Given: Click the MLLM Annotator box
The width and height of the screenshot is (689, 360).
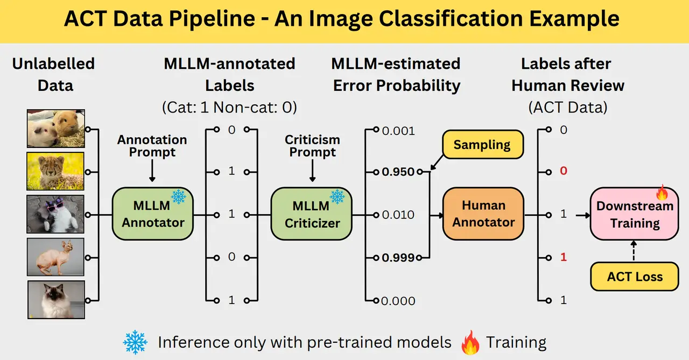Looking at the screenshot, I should [153, 214].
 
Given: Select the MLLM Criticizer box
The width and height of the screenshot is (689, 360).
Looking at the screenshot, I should [311, 214].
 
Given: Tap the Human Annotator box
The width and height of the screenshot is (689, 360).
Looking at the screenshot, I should [483, 214].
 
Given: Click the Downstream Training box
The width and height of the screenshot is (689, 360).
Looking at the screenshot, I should [634, 214].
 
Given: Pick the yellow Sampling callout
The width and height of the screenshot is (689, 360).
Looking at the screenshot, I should [482, 144].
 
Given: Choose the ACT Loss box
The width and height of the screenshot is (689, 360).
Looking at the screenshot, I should [635, 277].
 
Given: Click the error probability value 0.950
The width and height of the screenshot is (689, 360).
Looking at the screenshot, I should [398, 172].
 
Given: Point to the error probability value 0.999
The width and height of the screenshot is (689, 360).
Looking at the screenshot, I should [398, 258].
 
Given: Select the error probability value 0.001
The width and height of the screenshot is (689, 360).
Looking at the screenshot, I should [398, 131].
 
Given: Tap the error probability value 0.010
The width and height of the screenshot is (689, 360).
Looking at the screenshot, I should [398, 215].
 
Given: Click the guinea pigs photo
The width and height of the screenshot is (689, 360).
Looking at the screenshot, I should [56, 128].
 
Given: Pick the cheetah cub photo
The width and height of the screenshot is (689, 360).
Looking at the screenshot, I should [56, 171].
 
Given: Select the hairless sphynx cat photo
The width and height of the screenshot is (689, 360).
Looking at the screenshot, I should [56, 257].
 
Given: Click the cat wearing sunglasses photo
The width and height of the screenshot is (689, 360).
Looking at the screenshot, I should [56, 214].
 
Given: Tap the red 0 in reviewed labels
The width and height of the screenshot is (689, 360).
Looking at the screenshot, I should [564, 171].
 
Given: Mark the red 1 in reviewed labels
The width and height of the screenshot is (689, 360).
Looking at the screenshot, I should [564, 257].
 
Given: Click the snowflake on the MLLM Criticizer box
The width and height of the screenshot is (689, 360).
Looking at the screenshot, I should [338, 197].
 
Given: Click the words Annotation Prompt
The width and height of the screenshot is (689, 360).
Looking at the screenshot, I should [152, 146].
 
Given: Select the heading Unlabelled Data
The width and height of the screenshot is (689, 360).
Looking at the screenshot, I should [53, 74].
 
